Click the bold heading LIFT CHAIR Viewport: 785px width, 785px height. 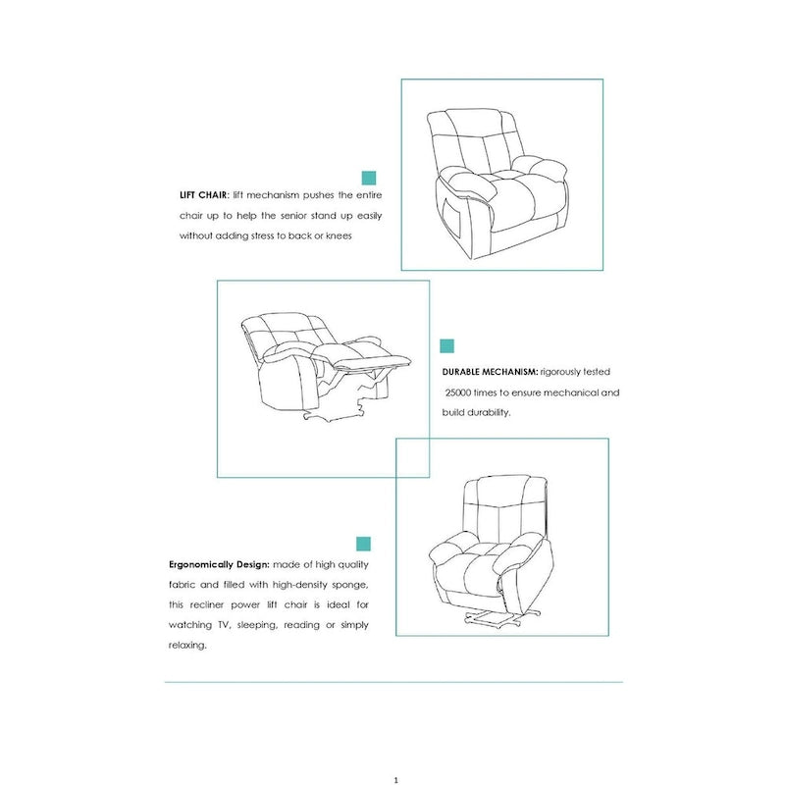click(204, 195)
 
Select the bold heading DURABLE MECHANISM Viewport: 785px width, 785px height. click(490, 373)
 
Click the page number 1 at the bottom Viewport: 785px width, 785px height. click(394, 779)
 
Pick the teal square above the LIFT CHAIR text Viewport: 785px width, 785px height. click(370, 178)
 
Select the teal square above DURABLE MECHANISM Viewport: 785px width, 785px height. click(447, 345)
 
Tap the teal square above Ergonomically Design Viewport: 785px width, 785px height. click(363, 544)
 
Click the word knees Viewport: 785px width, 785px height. click(338, 236)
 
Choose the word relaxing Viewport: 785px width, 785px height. click(187, 646)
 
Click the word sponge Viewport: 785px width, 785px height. click(348, 586)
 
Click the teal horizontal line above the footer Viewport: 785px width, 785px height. click(392, 682)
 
